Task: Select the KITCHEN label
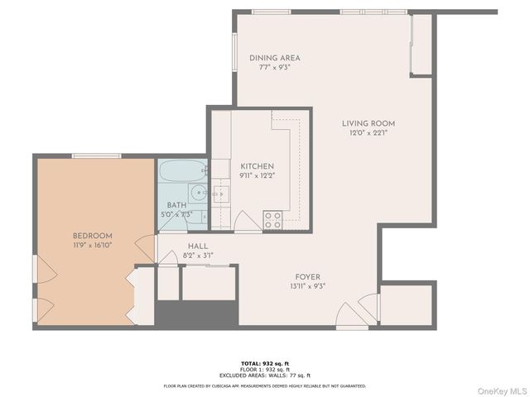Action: point(251,166)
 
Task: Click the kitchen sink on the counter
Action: point(220,195)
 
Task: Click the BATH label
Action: point(176,205)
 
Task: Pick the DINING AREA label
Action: point(274,58)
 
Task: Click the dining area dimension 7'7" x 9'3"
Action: point(274,67)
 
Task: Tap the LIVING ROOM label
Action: point(369,124)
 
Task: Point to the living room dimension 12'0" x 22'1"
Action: point(369,133)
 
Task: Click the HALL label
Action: point(197,246)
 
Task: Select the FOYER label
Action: point(307,276)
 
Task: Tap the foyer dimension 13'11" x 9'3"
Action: point(307,285)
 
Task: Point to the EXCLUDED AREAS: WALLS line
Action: point(264,375)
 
